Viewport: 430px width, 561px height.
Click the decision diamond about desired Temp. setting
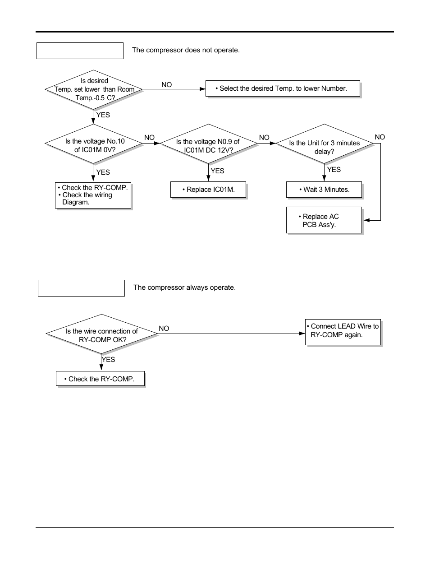pyautogui.click(x=94, y=89)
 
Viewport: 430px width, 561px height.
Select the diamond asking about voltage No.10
pyautogui.click(x=94, y=144)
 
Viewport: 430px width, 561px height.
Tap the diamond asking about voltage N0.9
pyautogui.click(x=208, y=145)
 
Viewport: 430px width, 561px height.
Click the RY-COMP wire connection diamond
pyautogui.click(x=102, y=334)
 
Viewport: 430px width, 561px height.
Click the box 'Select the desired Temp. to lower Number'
pyautogui.click(x=283, y=88)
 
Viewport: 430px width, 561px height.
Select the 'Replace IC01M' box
pyautogui.click(x=208, y=190)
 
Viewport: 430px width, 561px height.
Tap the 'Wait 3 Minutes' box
pyautogui.click(x=324, y=190)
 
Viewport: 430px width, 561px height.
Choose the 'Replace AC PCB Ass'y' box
pyautogui.click(x=324, y=220)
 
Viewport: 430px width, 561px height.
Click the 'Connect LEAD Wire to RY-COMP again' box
pyautogui.click(x=343, y=332)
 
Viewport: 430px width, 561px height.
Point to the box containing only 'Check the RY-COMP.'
pyautogui.click(x=100, y=379)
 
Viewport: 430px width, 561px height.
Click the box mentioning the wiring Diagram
pyautogui.click(x=93, y=195)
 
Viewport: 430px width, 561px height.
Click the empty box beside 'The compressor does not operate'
pyautogui.click(x=80, y=51)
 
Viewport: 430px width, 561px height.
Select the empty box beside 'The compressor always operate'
pyautogui.click(x=81, y=288)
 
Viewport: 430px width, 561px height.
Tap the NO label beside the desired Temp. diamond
pyautogui.click(x=166, y=85)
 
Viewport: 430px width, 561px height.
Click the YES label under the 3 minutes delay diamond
pyautogui.click(x=334, y=170)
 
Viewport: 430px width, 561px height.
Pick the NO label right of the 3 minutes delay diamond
pyautogui.click(x=380, y=137)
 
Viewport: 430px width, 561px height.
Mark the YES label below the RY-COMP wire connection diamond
pyautogui.click(x=109, y=360)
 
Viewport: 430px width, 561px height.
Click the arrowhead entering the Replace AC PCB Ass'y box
pyautogui.click(x=366, y=220)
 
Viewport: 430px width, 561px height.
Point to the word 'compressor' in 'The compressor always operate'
pyautogui.click(x=166, y=287)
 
